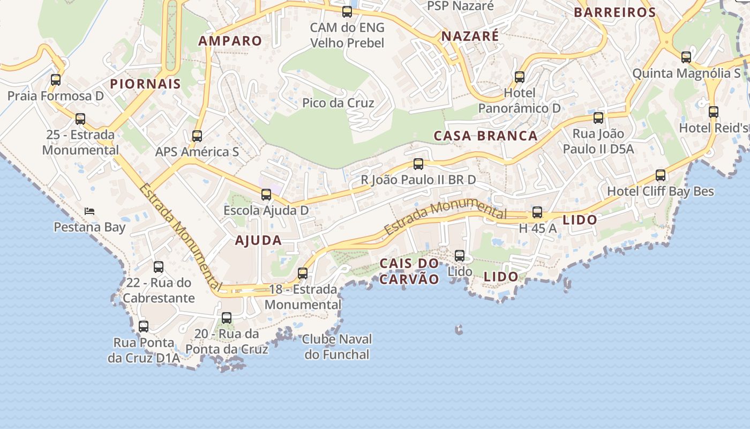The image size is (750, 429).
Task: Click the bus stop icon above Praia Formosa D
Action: [x=56, y=80]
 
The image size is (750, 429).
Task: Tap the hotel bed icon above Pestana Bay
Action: [x=89, y=211]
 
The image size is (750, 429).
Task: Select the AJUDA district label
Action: [x=258, y=240]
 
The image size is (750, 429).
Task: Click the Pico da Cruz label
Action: [x=338, y=103]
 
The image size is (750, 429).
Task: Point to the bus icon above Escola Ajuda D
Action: [x=266, y=195]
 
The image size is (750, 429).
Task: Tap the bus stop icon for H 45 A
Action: [x=537, y=212]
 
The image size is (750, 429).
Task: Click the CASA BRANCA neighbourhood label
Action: [x=485, y=136]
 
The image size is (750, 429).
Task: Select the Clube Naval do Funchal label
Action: [x=337, y=347]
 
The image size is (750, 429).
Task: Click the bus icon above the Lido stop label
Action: [x=460, y=256]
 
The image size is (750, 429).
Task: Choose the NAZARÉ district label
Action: [x=470, y=36]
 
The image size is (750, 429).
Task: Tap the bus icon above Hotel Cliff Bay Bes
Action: [x=661, y=175]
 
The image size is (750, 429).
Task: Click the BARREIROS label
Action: [x=614, y=12]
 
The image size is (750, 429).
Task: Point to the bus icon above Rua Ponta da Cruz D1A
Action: [x=144, y=326]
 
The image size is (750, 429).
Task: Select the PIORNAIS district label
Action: [x=145, y=84]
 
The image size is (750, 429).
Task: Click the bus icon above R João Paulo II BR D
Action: [x=418, y=164]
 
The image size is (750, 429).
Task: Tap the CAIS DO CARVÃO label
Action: [x=409, y=271]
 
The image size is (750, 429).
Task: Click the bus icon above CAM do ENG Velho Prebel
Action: [x=347, y=11]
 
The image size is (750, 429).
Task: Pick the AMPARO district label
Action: [x=230, y=41]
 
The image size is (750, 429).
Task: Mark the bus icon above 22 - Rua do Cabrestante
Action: [x=159, y=267]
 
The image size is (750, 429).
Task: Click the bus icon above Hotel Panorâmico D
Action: [x=520, y=77]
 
